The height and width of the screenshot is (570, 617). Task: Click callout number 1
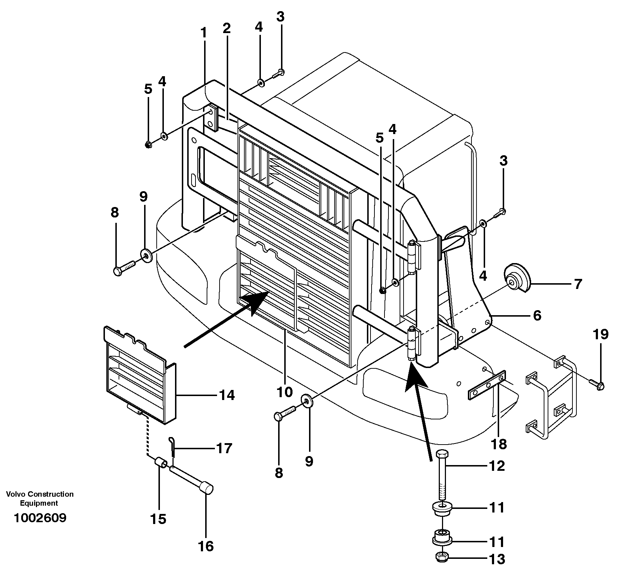pos(204,33)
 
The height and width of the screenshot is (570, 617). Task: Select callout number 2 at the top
pos(226,28)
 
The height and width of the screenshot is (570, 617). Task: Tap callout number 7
pos(577,284)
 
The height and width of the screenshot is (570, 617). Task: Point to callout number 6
pos(537,316)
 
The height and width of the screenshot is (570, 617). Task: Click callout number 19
pos(600,334)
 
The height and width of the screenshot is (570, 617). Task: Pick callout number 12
pos(497,466)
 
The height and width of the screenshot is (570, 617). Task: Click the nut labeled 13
pos(441,557)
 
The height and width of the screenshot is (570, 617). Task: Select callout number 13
pos(497,559)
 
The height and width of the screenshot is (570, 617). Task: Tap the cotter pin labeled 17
pos(172,447)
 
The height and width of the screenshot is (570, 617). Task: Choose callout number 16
pos(206,546)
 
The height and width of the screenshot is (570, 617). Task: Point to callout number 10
pos(285,392)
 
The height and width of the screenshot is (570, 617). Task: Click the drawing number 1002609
pos(40,518)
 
